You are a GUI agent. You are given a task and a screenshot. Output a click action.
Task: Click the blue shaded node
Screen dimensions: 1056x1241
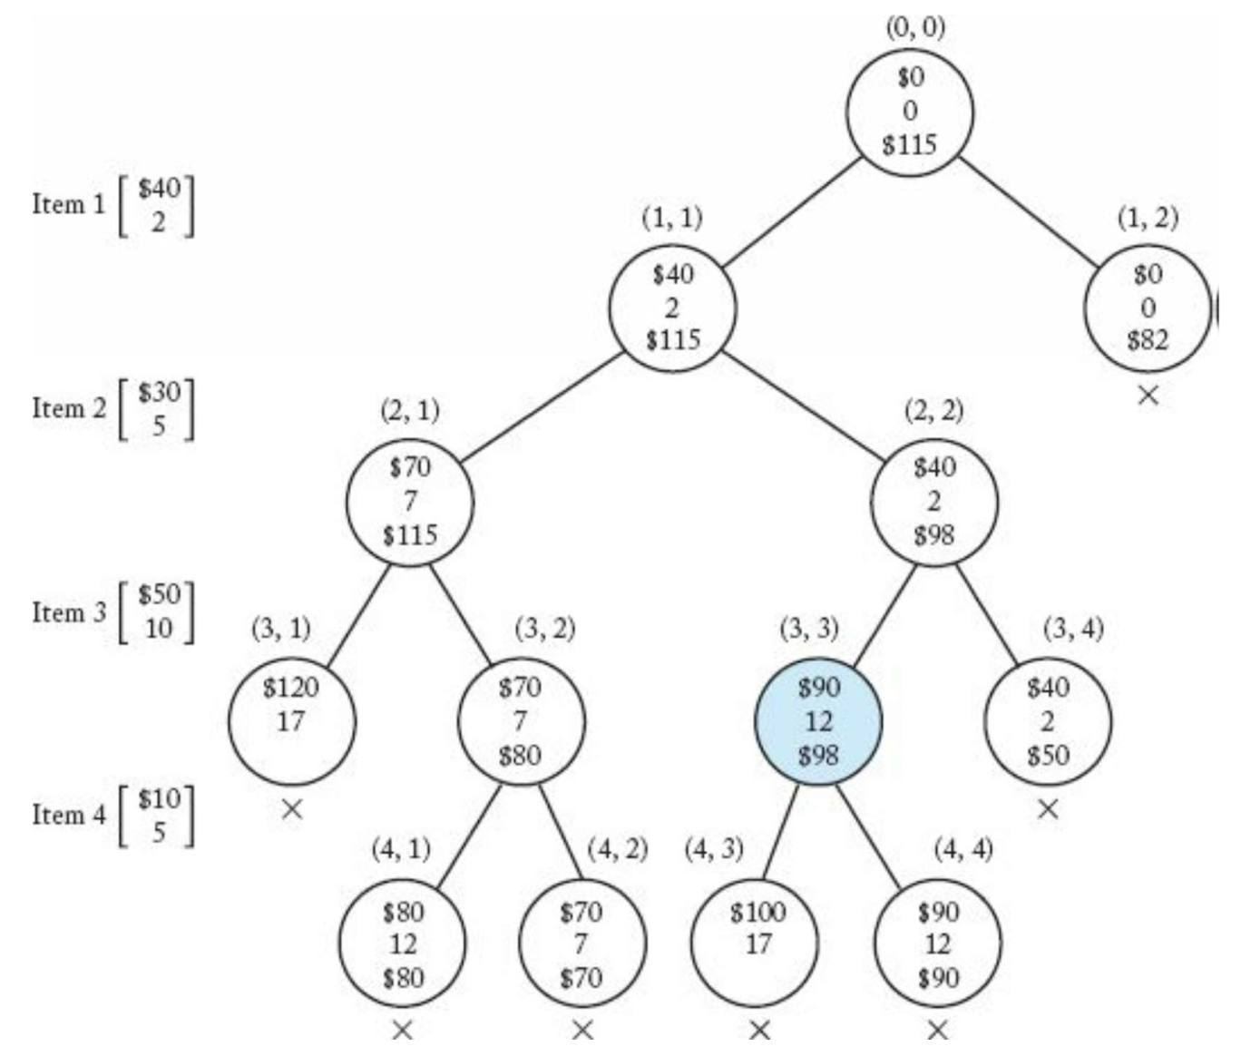pos(818,721)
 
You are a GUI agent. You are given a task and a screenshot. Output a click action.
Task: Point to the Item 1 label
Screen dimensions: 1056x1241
pos(69,204)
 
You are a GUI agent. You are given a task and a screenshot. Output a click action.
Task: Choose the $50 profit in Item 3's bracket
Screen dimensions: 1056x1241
pos(159,595)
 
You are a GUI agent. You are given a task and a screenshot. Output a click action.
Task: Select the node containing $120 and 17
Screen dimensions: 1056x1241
pos(291,721)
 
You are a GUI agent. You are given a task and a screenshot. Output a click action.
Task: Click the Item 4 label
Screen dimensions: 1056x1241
pos(69,815)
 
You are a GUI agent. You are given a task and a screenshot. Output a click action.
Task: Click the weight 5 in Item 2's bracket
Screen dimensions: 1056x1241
pos(159,425)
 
